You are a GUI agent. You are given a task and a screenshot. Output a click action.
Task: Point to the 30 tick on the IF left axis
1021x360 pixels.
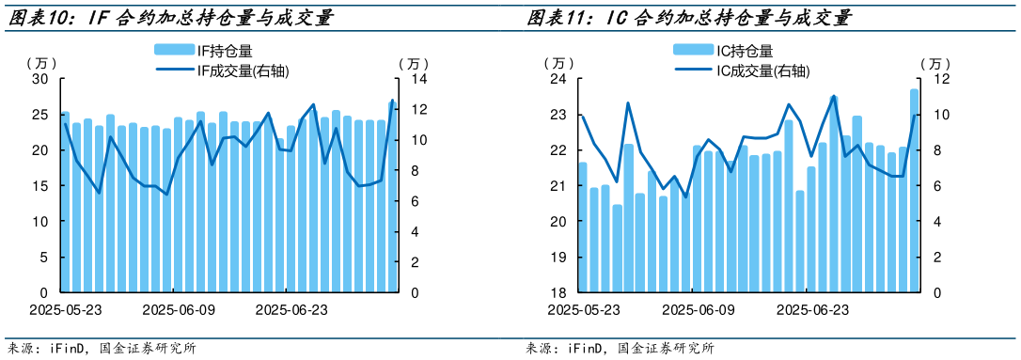tap(40, 79)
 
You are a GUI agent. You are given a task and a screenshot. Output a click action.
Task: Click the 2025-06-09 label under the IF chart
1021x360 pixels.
tap(178, 309)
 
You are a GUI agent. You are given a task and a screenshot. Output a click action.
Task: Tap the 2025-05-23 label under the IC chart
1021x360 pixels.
tap(584, 309)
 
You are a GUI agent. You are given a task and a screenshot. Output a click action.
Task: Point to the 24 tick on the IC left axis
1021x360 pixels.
tap(558, 79)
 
